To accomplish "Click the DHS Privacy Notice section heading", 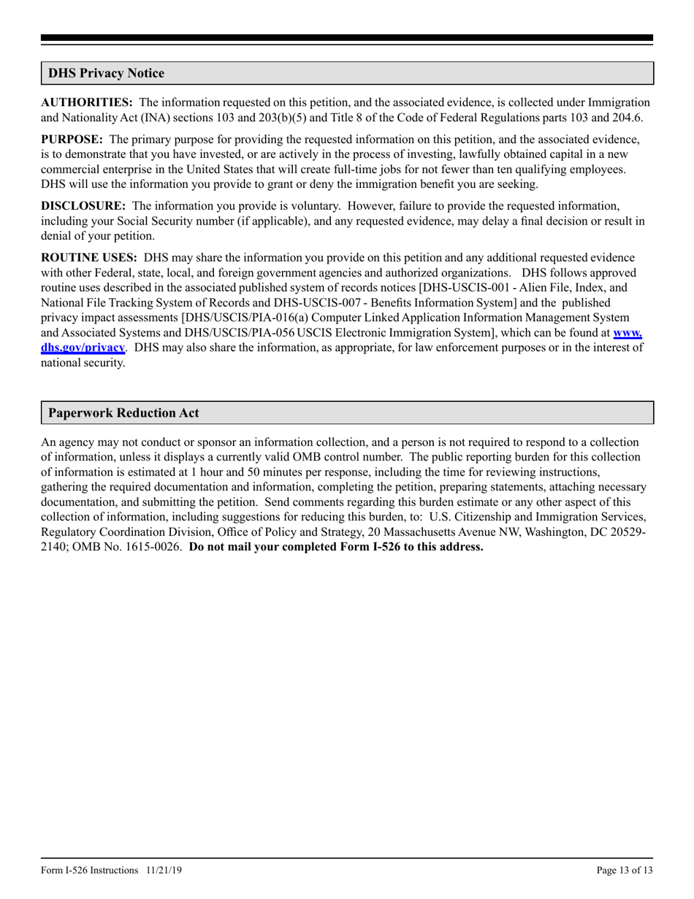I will [x=107, y=73].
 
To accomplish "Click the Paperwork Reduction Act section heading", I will [x=123, y=413].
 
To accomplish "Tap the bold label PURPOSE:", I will [x=72, y=139].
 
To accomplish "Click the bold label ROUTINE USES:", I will [x=89, y=257].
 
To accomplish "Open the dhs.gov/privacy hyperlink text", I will [x=83, y=348].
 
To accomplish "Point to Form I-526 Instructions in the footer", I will [x=89, y=870].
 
